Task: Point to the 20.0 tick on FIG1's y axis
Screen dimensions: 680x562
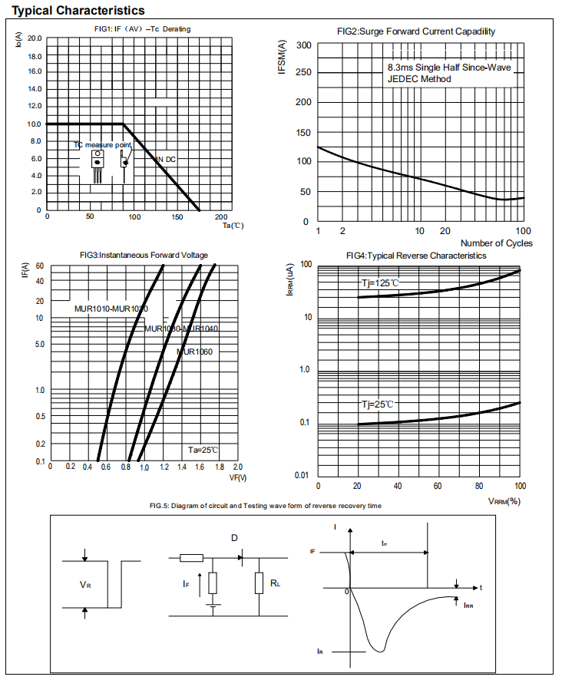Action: (x=35, y=38)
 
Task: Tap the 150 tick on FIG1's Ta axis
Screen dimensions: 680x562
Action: (x=178, y=216)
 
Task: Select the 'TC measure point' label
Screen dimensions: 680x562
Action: (x=102, y=144)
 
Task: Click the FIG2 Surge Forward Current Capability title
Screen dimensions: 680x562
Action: (x=416, y=31)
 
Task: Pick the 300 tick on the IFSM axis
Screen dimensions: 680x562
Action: (x=303, y=45)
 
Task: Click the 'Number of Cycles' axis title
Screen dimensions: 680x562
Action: (x=496, y=243)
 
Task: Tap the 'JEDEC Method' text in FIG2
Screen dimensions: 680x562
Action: (x=420, y=79)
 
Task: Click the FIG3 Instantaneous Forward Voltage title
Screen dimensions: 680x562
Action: (x=144, y=255)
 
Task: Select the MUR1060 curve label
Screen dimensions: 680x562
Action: (x=194, y=352)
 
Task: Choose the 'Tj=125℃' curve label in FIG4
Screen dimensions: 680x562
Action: (x=381, y=283)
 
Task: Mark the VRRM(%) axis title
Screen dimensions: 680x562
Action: (x=504, y=501)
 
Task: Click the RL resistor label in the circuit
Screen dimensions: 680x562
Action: (x=275, y=584)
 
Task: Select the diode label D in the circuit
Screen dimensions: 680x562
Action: (x=233, y=538)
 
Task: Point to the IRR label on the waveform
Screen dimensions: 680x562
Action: (x=468, y=605)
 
